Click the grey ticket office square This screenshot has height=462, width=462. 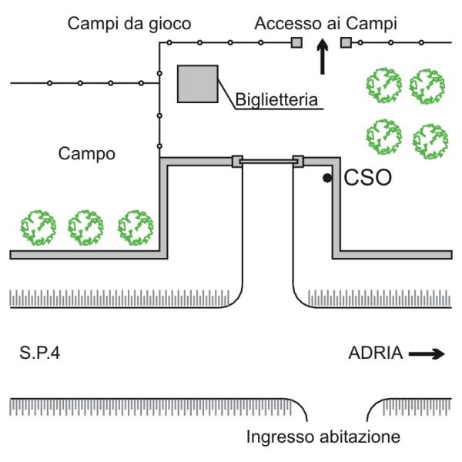197,84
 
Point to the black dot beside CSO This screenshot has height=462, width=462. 327,179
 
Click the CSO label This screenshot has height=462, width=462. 367,179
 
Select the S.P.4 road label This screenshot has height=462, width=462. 42,353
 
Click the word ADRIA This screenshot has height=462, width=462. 375,353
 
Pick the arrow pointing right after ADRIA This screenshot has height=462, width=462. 427,354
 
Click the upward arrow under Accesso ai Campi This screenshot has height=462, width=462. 323,59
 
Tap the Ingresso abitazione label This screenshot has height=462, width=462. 323,437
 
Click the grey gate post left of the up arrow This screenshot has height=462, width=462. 296,42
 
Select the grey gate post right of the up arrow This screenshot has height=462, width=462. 346,42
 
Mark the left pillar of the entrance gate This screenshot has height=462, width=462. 237,161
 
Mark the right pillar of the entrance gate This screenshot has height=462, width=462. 298,161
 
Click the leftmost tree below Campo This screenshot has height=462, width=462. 38,227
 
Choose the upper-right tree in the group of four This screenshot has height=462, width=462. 428,86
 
